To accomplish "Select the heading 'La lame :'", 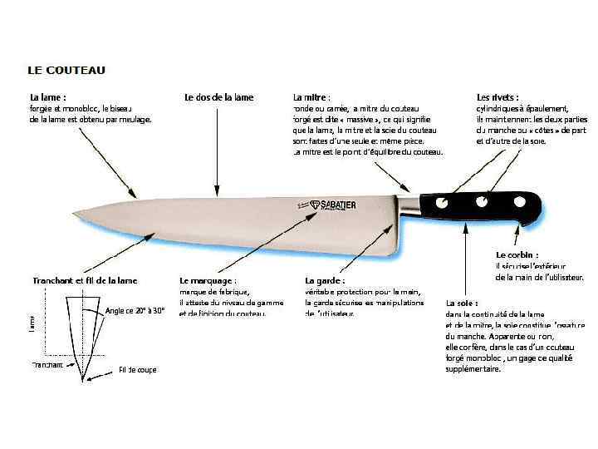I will coord(47,97).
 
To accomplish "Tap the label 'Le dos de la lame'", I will coord(218,97).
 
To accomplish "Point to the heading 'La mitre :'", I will coord(312,97).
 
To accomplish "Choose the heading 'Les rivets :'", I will coord(498,97).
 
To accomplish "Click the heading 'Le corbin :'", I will coord(517,254).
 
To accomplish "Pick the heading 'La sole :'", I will coord(462,303).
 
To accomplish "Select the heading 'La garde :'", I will coord(325,281).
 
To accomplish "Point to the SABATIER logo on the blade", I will coord(326,204).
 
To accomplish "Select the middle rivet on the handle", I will coord(479,201).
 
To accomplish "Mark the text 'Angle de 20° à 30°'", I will coord(135,311).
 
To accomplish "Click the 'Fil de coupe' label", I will coord(137,369).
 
